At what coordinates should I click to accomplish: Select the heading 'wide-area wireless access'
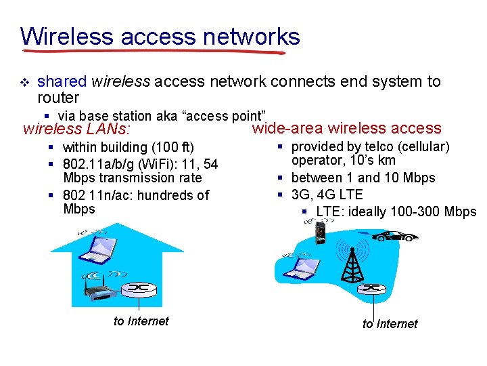pos(346,128)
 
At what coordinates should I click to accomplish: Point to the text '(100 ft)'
pos(172,147)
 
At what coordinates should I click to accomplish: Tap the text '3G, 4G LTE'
pos(327,195)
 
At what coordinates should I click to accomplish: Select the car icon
pos(396,236)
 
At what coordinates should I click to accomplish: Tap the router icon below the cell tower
pos(371,289)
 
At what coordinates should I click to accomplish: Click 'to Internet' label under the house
pos(141,321)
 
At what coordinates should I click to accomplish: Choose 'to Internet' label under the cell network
pos(390,324)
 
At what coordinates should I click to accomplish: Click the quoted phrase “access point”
pos(227,116)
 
